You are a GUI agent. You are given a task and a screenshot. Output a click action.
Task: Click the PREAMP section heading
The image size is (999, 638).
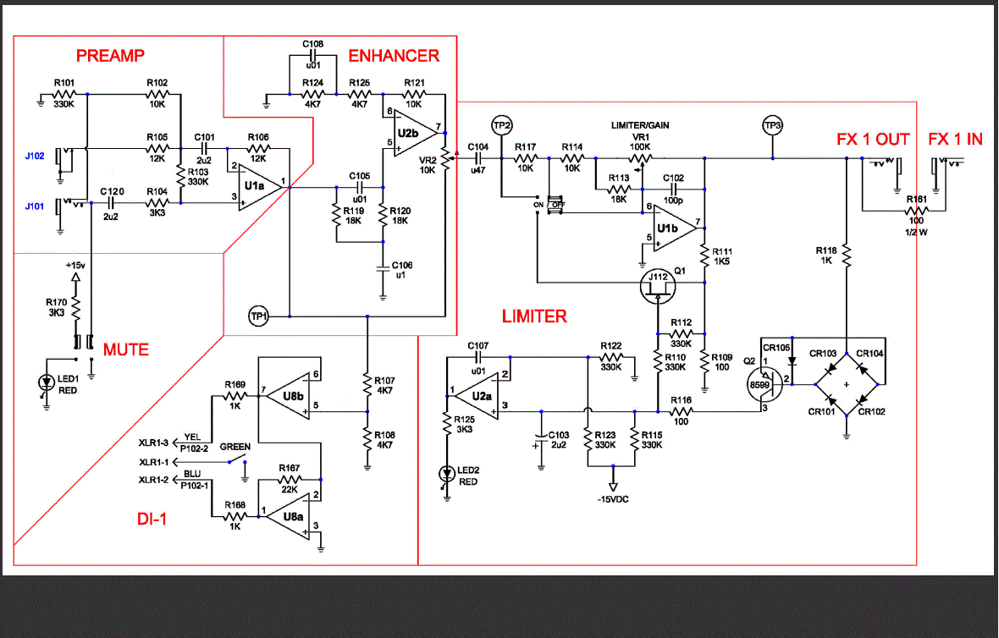[x=110, y=56]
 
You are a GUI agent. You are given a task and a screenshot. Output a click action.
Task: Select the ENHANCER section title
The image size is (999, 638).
[x=394, y=56]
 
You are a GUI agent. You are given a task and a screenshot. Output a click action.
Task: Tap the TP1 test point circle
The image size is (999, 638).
[x=258, y=316]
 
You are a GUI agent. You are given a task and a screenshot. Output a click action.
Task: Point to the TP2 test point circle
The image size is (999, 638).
[x=503, y=126]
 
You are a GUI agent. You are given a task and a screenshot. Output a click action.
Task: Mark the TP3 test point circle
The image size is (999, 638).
[x=772, y=126]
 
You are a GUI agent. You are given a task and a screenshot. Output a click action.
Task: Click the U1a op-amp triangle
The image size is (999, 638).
[x=257, y=185]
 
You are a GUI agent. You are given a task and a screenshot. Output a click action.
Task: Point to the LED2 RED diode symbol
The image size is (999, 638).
[x=446, y=475]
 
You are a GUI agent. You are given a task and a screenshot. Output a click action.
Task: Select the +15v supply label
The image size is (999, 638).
[x=75, y=265]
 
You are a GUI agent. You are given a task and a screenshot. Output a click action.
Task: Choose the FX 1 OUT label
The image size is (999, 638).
[x=873, y=139]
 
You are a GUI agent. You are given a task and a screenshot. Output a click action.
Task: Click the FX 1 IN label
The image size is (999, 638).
[x=955, y=139]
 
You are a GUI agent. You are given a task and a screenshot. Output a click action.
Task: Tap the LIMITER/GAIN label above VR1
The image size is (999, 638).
[x=640, y=125]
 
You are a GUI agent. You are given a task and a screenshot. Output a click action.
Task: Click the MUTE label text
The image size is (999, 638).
[x=125, y=349]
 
